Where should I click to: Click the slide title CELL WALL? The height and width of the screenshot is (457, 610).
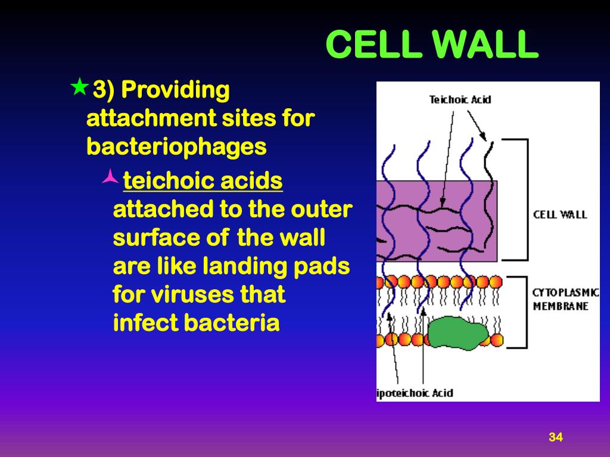coord(432,45)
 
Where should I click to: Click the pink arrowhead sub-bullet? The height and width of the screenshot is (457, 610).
coord(110,176)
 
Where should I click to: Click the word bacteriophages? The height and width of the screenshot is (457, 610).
coord(176,146)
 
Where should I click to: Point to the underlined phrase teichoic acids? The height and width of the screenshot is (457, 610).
coord(203,181)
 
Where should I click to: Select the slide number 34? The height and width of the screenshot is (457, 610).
coord(555,437)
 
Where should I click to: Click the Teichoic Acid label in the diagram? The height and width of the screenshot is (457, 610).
coord(460,99)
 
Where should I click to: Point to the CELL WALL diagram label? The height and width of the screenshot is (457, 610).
coord(560,214)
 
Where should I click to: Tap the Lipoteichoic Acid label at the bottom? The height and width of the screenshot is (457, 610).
coord(415,393)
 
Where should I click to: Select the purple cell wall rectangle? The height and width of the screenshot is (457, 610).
coord(411,220)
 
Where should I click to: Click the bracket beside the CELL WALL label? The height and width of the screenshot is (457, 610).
coord(524,199)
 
